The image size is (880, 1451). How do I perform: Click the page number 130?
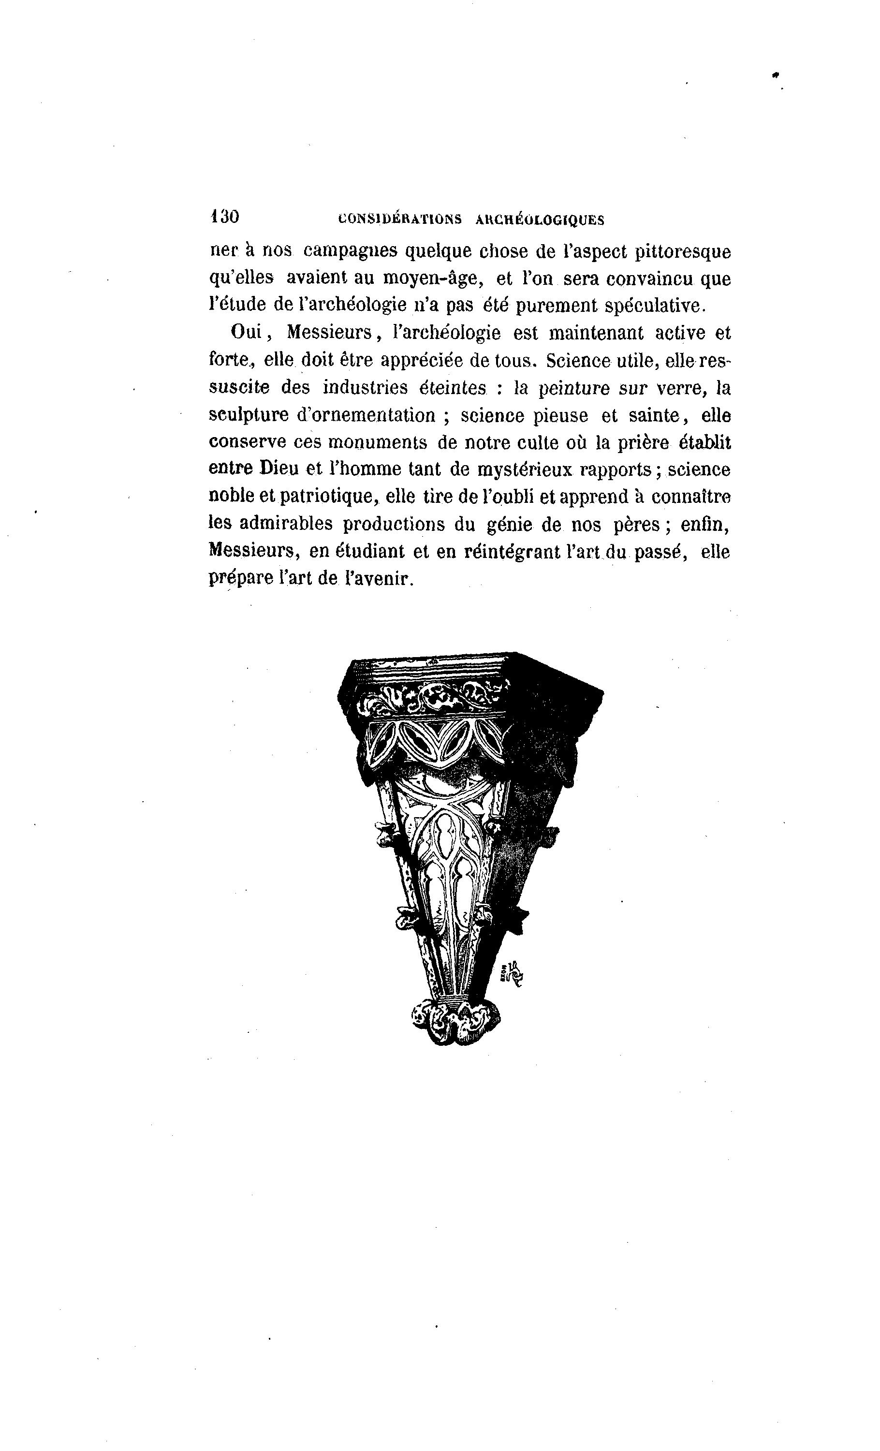click(x=224, y=217)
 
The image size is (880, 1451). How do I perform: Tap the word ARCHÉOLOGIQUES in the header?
click(x=540, y=220)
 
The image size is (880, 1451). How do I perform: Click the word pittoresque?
click(x=683, y=252)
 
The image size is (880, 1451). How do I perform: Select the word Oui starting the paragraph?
click(x=246, y=333)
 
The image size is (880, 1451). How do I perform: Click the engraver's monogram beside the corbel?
click(x=512, y=976)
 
